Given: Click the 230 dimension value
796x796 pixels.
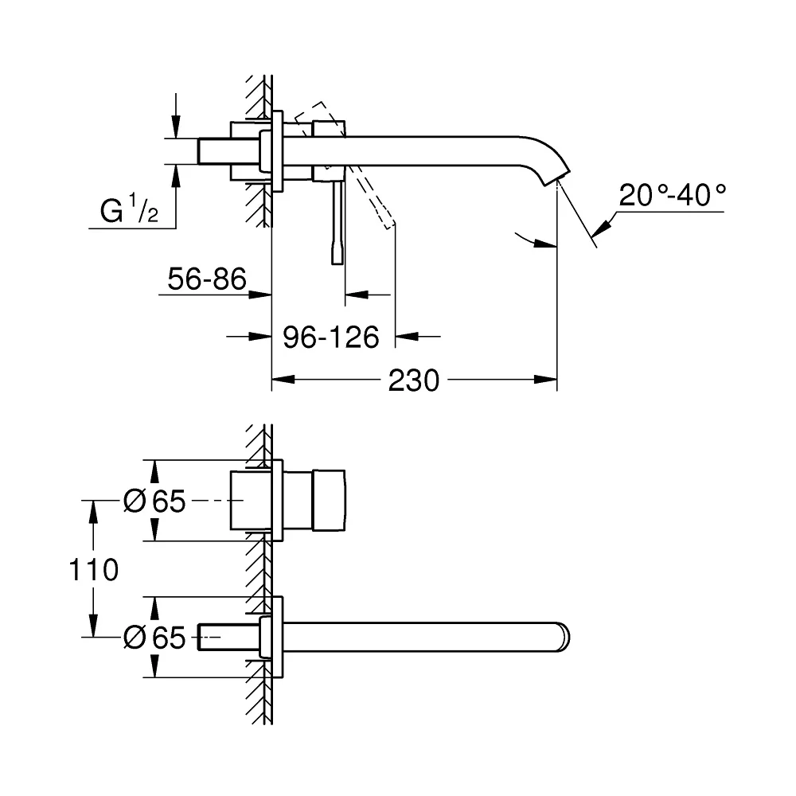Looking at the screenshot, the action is (x=414, y=380).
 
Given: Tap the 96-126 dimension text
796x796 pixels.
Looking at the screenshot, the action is (x=331, y=337).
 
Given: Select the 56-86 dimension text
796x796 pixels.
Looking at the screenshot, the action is (x=207, y=279).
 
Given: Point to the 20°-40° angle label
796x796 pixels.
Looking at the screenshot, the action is (x=672, y=195).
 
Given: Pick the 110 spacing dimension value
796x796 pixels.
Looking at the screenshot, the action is (x=94, y=569).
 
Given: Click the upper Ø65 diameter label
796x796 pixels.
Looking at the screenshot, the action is (x=154, y=501).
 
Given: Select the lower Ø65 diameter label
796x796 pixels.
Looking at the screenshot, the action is (x=154, y=637).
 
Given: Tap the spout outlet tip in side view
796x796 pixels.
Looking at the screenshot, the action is (x=557, y=178).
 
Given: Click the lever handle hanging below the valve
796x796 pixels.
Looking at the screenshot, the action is (x=338, y=223).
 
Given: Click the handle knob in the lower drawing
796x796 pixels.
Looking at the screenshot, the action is (x=329, y=501).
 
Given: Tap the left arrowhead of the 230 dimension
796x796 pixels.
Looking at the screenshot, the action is (x=283, y=380).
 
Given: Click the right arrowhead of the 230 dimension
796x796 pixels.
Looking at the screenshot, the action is (x=546, y=380).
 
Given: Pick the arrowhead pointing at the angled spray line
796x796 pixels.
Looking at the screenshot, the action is (x=602, y=229).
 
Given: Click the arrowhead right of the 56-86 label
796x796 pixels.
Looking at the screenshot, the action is (x=260, y=295).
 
